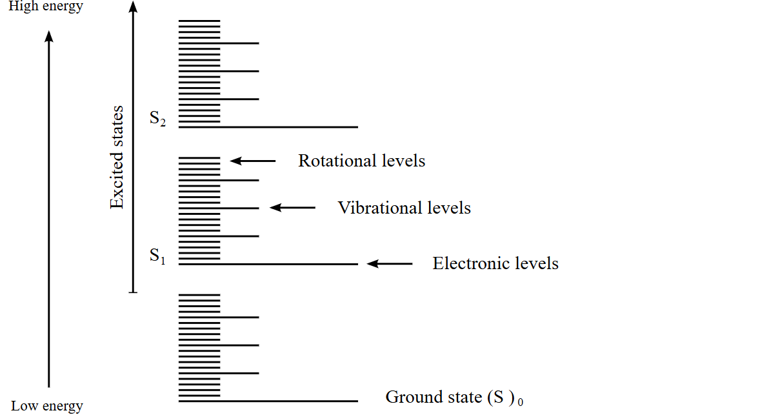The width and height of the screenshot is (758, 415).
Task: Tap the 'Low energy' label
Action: tap(47, 406)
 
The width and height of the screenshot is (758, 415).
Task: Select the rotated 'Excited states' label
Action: tap(117, 157)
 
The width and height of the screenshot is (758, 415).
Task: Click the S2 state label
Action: tap(158, 120)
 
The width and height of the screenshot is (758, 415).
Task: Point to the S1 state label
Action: tap(158, 256)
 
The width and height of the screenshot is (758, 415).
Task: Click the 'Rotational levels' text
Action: tap(361, 161)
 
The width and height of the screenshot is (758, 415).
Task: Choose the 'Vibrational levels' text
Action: tap(404, 208)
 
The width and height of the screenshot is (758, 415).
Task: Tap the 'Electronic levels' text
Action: tap(495, 263)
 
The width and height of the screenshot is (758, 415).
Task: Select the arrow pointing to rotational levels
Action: tap(253, 161)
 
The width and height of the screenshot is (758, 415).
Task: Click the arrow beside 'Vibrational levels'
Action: tap(292, 208)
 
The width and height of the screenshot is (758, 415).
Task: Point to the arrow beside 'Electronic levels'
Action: tap(390, 263)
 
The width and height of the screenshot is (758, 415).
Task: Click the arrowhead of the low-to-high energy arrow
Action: tap(49, 36)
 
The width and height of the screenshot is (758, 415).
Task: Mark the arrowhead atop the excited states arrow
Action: tap(133, 8)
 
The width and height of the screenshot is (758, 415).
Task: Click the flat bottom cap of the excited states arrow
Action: tap(133, 293)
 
